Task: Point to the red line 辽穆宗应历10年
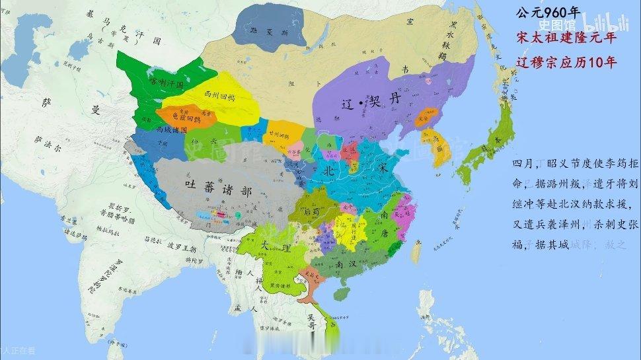pos(566,63)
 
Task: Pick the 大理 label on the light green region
pos(268,245)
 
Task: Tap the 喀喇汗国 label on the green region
pos(167,83)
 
